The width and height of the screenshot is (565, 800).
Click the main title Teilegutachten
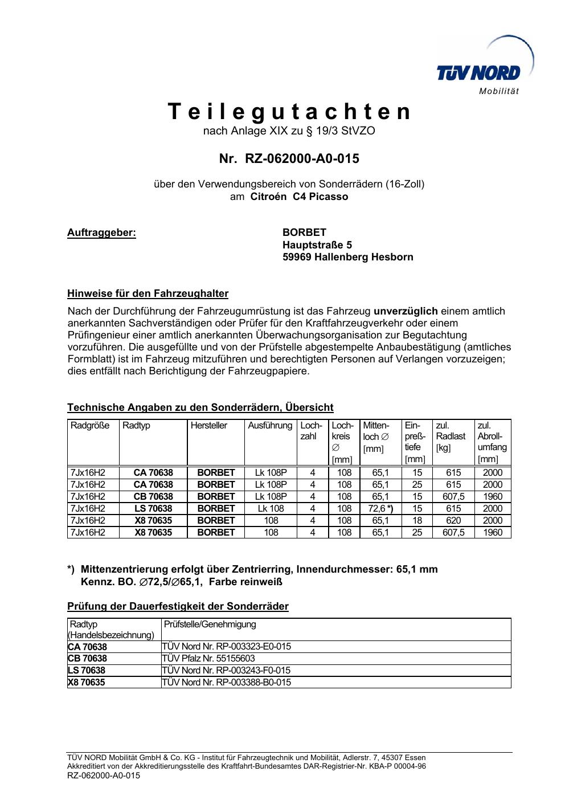[289, 112]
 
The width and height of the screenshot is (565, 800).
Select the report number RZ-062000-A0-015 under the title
[302, 159]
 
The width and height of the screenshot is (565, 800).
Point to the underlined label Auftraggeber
[101, 232]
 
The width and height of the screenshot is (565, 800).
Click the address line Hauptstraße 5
[317, 245]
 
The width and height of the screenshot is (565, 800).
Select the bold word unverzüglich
[406, 311]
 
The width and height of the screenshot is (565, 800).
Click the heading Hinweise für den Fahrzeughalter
[148, 294]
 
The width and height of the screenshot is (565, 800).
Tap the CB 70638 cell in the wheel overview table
[153, 497]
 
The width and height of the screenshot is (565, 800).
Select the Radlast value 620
[453, 521]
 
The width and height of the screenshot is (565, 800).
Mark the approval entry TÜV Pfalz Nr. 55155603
[208, 659]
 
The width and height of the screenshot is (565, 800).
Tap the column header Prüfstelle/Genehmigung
[210, 625]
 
